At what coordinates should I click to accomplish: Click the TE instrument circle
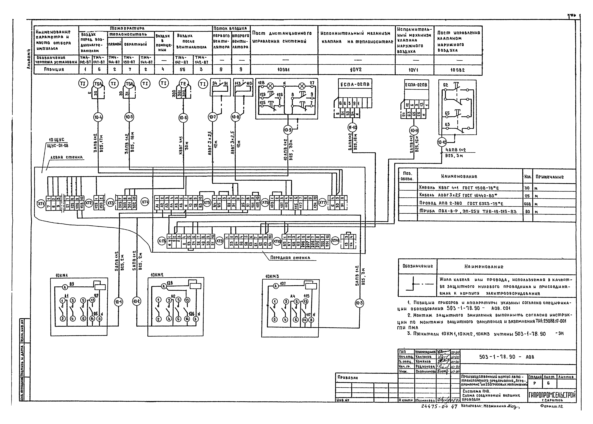[x=183, y=84]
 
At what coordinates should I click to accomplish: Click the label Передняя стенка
[x=290, y=258]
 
